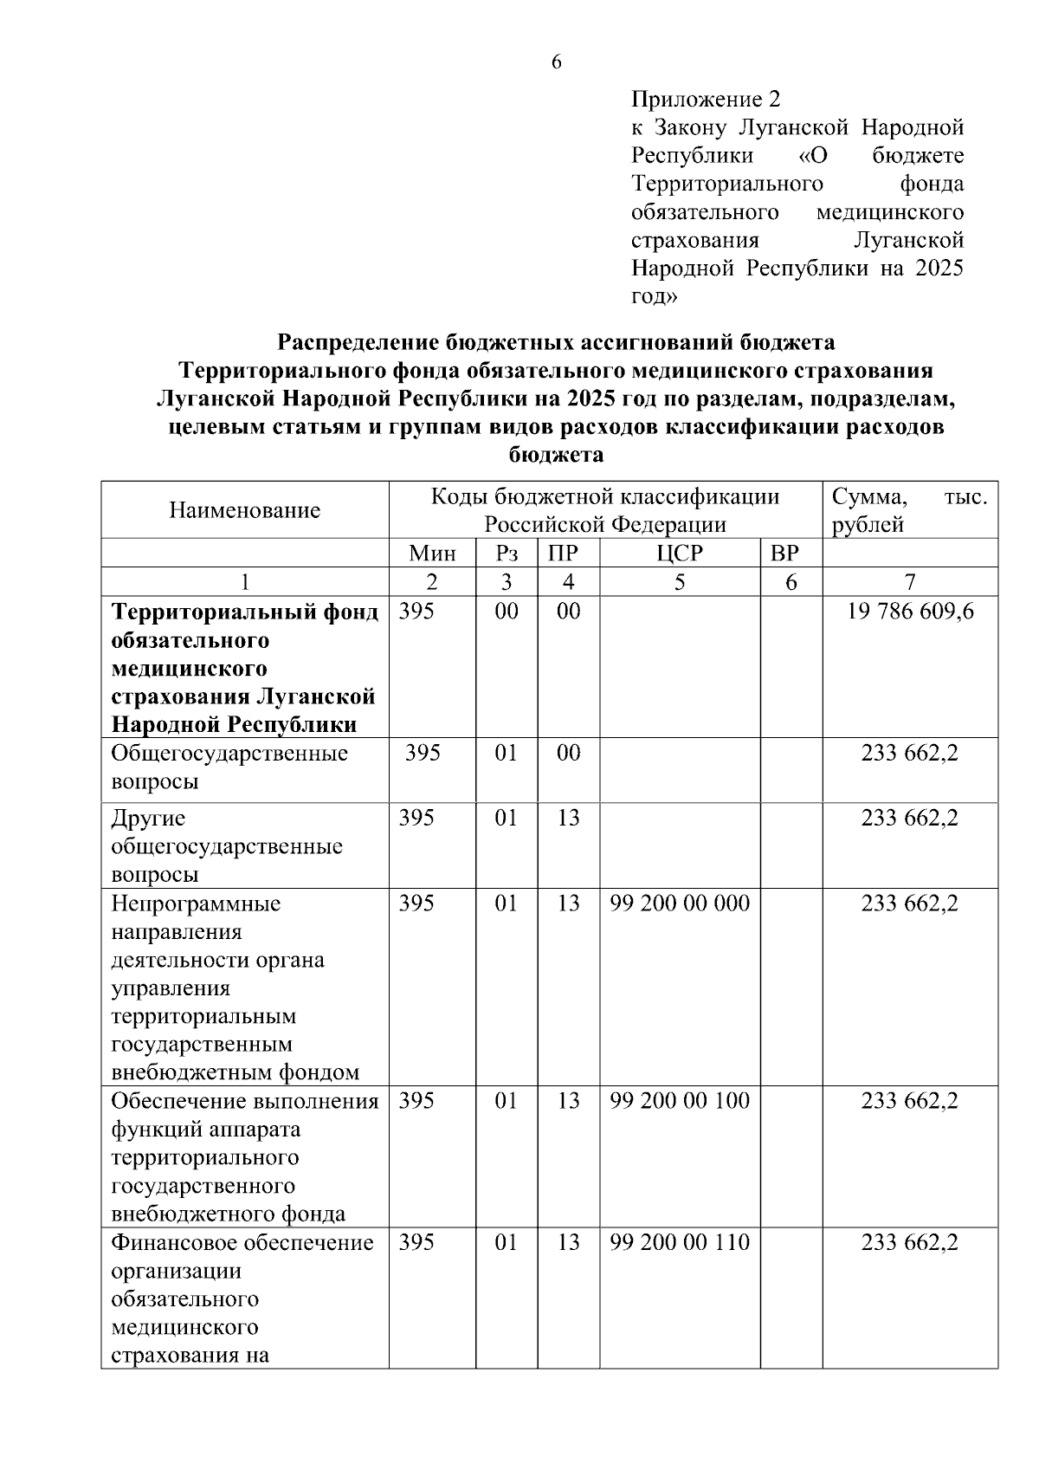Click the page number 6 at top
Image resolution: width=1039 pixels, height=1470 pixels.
(556, 62)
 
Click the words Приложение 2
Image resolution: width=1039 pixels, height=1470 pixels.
(707, 100)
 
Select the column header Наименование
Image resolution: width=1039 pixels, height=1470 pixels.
(244, 510)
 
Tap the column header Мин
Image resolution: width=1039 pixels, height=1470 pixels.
(432, 554)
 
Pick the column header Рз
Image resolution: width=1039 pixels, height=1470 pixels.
(507, 554)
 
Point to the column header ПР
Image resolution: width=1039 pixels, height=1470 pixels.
(568, 554)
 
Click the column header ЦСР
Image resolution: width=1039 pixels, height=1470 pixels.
(680, 554)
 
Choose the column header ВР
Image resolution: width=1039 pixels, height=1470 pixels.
(791, 554)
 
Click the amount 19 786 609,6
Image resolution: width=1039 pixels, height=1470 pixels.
(910, 612)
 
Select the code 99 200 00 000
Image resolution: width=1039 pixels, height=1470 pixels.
(680, 903)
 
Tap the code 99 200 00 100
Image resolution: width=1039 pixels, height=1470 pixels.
(680, 1101)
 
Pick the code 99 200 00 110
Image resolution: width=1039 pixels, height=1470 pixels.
(680, 1242)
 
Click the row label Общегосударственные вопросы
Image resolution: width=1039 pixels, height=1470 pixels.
(229, 767)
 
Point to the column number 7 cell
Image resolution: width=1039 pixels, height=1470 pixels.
(910, 582)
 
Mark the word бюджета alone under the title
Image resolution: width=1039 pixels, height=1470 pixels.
(556, 455)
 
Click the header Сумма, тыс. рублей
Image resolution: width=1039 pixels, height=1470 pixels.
(909, 510)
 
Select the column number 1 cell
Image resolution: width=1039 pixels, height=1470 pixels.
(244, 582)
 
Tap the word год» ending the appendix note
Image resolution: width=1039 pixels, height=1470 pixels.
(654, 296)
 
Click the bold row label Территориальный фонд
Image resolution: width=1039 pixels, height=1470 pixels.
(244, 612)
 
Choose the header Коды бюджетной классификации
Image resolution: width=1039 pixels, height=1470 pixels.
(605, 497)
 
